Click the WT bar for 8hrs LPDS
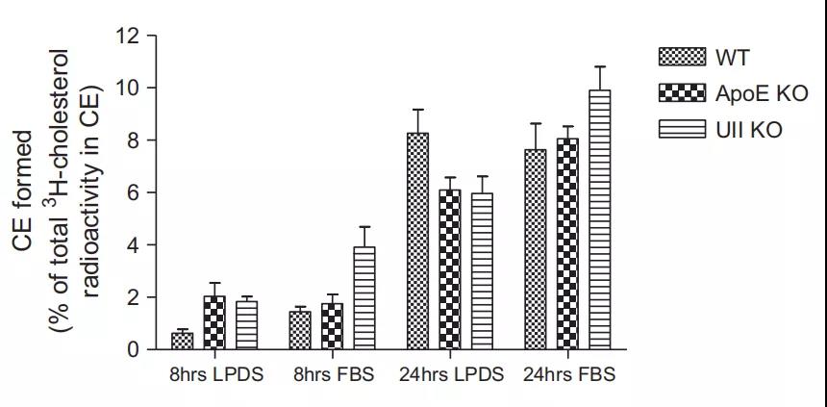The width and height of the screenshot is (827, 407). pyautogui.click(x=182, y=341)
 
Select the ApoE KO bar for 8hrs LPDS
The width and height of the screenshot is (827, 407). pyautogui.click(x=215, y=323)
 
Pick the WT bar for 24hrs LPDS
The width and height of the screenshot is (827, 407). pyautogui.click(x=417, y=241)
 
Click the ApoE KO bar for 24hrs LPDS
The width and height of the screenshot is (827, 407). pyautogui.click(x=449, y=269)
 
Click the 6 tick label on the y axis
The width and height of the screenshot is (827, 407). pyautogui.click(x=135, y=193)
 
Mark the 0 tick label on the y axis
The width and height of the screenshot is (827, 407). pyautogui.click(x=135, y=350)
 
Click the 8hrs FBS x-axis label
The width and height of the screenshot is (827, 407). pyautogui.click(x=332, y=374)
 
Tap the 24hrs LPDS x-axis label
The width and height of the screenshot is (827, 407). pyautogui.click(x=451, y=374)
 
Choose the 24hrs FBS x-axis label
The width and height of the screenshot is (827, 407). pyautogui.click(x=569, y=374)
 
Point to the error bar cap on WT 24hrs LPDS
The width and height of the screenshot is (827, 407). pyautogui.click(x=417, y=110)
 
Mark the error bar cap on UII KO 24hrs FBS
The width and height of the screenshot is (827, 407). pyautogui.click(x=600, y=67)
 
